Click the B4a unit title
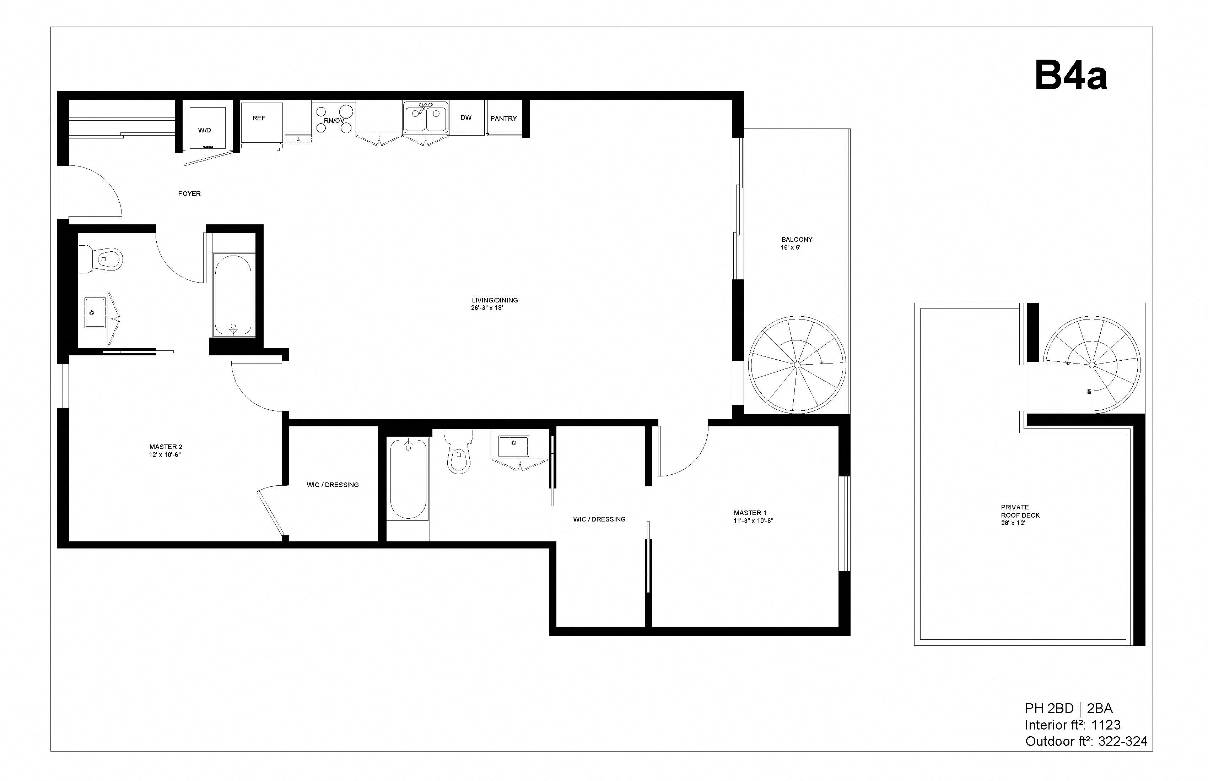pyautogui.click(x=1071, y=76)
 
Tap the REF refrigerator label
pyautogui.click(x=259, y=118)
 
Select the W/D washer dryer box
pyautogui.click(x=207, y=128)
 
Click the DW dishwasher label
pyautogui.click(x=466, y=118)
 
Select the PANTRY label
pyautogui.click(x=503, y=118)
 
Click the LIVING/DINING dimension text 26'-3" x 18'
pyautogui.click(x=487, y=308)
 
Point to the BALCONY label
pyautogui.click(x=796, y=239)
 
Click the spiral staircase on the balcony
pyautogui.click(x=797, y=365)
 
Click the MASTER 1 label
pyautogui.click(x=750, y=513)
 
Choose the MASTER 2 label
pyautogui.click(x=166, y=447)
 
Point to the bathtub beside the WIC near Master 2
pyautogui.click(x=408, y=478)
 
